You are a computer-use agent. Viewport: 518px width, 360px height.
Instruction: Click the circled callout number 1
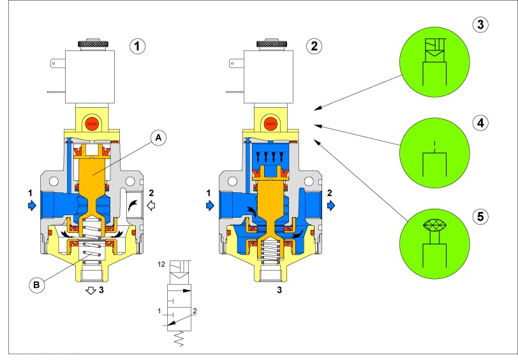tap(138, 46)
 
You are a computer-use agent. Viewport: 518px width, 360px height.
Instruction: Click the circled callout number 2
tap(313, 46)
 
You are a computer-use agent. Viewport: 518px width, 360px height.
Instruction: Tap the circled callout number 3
tap(480, 25)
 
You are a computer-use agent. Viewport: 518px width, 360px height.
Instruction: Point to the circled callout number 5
tap(480, 215)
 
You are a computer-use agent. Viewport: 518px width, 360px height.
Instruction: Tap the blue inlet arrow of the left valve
tap(32, 205)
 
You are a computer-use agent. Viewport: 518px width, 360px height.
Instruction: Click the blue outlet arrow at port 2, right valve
tap(332, 205)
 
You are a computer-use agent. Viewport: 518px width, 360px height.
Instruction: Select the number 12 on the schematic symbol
tap(162, 264)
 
